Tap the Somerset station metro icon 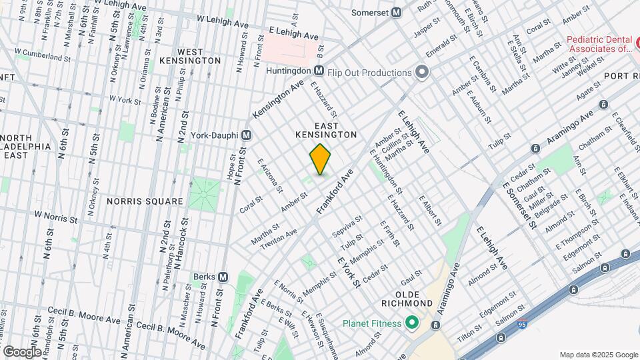396,12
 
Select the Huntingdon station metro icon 319,71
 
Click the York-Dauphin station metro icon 246,135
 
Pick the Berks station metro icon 223,277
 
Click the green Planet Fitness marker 411,324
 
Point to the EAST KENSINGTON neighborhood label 326,130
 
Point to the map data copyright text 598,355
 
